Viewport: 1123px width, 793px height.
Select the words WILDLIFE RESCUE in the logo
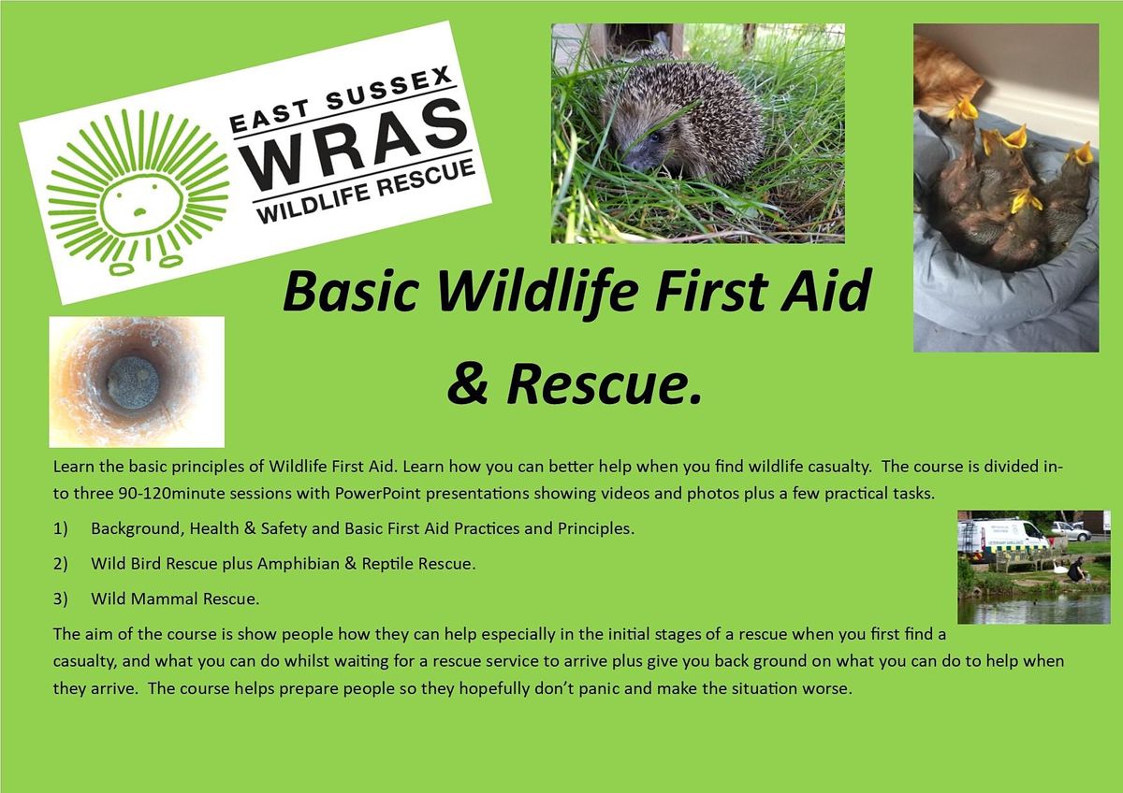coord(366,192)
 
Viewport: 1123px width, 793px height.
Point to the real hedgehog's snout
coord(633,162)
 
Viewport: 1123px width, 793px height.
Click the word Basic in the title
coord(351,291)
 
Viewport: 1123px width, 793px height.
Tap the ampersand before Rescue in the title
coord(467,383)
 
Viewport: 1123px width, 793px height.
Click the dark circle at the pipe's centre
coord(133,382)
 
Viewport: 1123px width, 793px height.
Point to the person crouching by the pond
coord(1076,570)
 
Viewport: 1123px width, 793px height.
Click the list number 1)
coord(60,529)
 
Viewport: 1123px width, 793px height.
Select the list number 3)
coord(60,599)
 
